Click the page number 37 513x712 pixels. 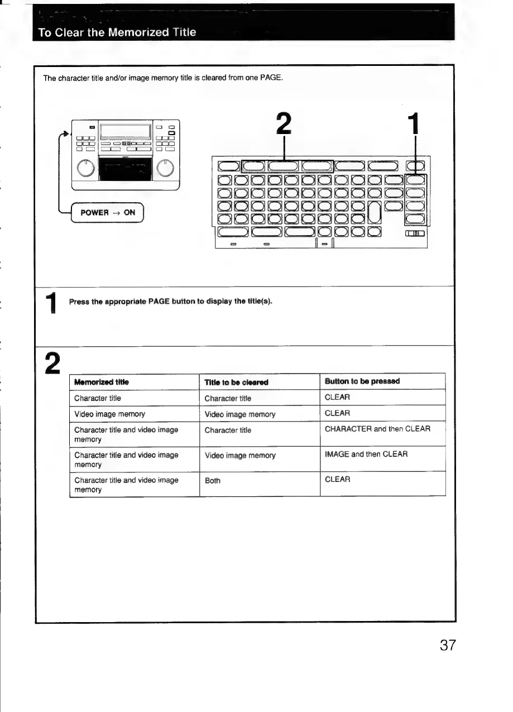tap(448, 646)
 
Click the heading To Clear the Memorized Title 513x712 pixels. tap(117, 32)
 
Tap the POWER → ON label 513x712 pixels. tap(108, 212)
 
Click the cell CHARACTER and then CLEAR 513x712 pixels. tap(377, 429)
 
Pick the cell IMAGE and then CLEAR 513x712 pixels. tap(366, 454)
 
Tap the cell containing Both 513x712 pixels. tap(213, 480)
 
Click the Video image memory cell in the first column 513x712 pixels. tap(109, 414)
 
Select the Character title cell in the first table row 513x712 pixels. tap(98, 398)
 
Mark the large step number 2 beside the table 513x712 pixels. tap(52, 364)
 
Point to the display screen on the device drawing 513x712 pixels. tap(125, 132)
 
